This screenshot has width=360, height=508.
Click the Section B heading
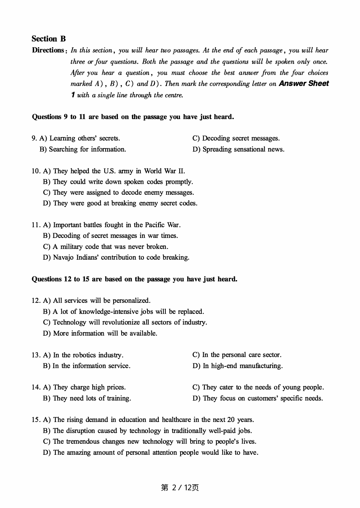click(x=49, y=39)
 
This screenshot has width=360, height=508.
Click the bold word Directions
click(x=48, y=50)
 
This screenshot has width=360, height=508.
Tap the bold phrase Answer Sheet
click(x=304, y=84)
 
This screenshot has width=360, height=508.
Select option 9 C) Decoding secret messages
click(x=236, y=138)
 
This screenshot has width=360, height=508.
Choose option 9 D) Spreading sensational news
click(x=238, y=149)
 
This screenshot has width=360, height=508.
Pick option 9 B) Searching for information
click(x=83, y=149)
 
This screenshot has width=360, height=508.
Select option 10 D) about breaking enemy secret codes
click(x=120, y=203)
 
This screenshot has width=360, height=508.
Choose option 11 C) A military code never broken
click(x=105, y=247)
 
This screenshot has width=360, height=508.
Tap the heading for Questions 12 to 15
click(x=134, y=279)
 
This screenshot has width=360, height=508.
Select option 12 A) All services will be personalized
click(x=97, y=301)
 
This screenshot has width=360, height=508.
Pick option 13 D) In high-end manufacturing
click(x=237, y=366)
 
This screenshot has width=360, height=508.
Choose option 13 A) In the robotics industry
click(x=83, y=355)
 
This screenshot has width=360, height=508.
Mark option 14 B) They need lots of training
click(x=87, y=398)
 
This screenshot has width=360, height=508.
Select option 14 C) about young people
click(x=258, y=387)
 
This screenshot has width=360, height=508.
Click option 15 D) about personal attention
click(x=151, y=452)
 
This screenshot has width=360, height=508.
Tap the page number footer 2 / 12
click(x=180, y=488)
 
